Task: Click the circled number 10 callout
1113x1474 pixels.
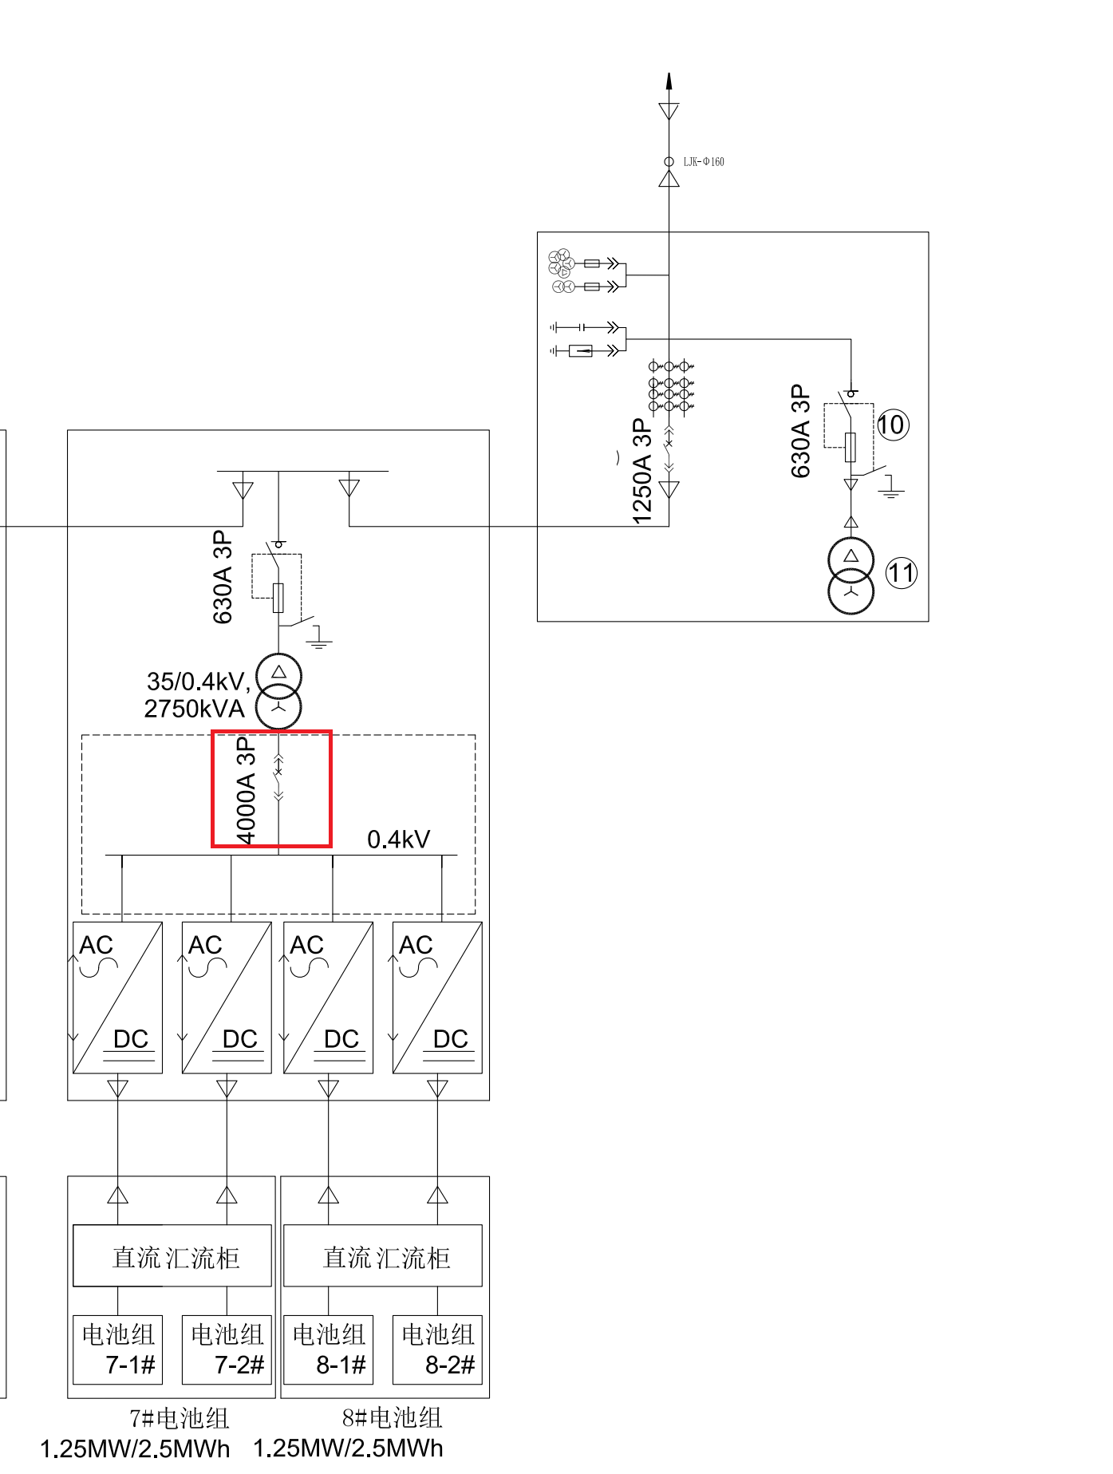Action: point(891,425)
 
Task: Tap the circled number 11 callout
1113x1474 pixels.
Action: point(902,573)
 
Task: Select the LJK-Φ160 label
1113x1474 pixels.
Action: point(704,162)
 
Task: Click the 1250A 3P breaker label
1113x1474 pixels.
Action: point(642,471)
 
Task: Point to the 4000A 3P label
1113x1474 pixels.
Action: point(247,790)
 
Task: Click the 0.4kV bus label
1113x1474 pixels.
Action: point(398,840)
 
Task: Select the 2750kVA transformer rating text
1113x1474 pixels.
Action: point(194,709)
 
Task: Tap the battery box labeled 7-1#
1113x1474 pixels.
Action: point(118,1350)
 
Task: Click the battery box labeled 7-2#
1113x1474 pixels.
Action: point(227,1350)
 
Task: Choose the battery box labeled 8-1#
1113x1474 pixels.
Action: point(329,1350)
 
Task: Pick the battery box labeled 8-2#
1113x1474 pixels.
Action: point(437,1350)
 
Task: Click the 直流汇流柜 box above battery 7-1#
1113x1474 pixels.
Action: point(172,1256)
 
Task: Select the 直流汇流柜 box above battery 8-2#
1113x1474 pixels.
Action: point(383,1256)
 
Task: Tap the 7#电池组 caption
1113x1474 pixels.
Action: point(180,1418)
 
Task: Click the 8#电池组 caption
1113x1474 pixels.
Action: point(392,1418)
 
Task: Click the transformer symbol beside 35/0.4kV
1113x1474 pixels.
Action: point(278,691)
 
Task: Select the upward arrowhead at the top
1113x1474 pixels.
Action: point(669,81)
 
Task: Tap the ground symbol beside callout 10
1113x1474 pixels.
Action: point(891,488)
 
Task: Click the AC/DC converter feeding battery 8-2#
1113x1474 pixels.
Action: point(437,998)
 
